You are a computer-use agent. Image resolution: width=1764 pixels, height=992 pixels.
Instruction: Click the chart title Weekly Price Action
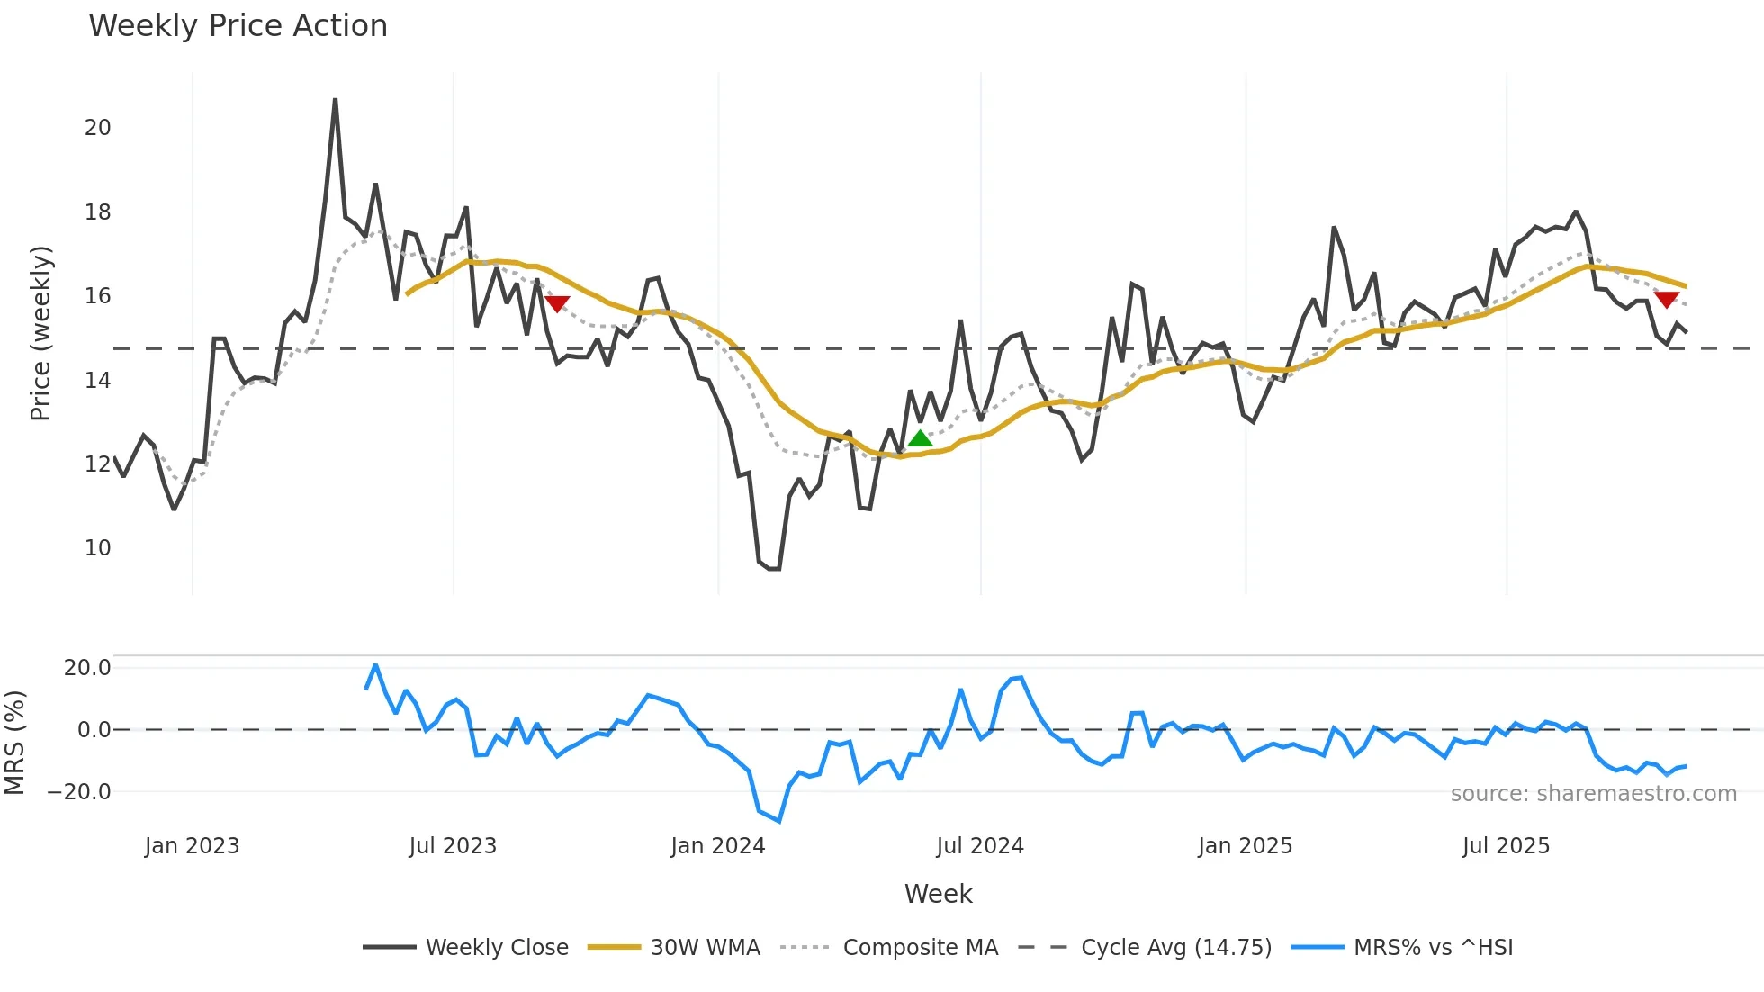pos(238,26)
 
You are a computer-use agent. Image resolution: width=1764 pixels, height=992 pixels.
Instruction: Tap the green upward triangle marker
pos(920,439)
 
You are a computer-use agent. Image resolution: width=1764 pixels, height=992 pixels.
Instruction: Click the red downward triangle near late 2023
pos(557,304)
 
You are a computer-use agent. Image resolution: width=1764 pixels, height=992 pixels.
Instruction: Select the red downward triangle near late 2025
pos(1666,300)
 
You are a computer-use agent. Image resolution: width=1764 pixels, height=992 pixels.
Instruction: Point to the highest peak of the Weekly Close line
pos(335,100)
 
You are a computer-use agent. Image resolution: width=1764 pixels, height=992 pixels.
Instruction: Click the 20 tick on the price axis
pos(98,128)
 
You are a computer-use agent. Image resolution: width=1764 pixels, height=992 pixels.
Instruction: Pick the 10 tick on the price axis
pos(98,548)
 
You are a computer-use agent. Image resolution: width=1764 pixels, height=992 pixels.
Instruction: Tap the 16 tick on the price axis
pos(98,296)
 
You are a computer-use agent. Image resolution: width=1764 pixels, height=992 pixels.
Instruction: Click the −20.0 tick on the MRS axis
pos(79,792)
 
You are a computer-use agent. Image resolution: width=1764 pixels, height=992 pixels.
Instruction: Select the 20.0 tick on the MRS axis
pos(87,668)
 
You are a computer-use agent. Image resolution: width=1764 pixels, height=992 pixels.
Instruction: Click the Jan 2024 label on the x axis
pos(717,846)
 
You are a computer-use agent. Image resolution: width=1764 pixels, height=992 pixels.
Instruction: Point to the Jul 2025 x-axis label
pos(1506,846)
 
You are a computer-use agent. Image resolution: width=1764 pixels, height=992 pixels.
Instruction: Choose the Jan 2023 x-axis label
pos(192,846)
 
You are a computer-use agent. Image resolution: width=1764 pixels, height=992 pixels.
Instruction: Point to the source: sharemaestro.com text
pos(1593,794)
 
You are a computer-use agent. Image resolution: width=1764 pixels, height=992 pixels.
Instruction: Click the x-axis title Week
pos(938,894)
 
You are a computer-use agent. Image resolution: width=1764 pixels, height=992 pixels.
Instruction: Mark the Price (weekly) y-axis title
pos(40,333)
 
